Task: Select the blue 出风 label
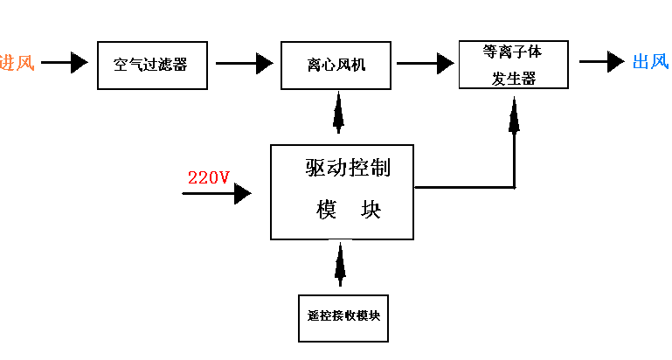point(650,62)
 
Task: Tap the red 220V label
point(209,178)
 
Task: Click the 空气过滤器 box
point(152,65)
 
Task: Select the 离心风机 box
point(336,65)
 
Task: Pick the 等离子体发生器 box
point(513,64)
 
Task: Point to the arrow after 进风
point(65,63)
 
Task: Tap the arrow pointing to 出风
point(602,62)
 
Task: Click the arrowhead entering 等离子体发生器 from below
point(515,114)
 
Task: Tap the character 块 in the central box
point(371,211)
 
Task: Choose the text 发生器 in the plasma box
point(513,78)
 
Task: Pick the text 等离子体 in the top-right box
point(513,52)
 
